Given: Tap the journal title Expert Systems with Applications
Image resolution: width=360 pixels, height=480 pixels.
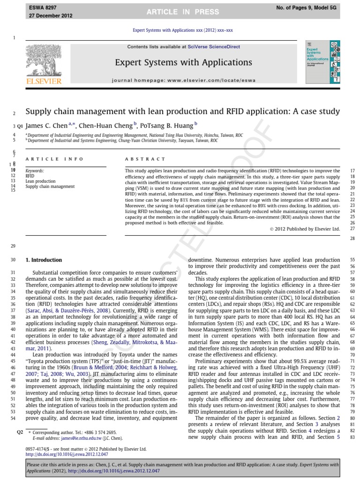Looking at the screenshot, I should tap(183, 62).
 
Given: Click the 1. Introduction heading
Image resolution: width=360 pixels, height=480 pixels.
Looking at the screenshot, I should tap(44, 260).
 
